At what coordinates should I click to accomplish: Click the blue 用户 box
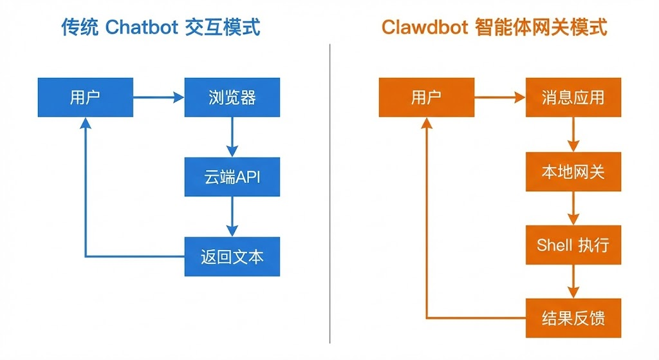coord(85,97)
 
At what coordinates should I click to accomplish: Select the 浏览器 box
coord(232,97)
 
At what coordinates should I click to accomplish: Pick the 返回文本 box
coord(232,256)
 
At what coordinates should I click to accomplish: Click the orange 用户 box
coord(426,97)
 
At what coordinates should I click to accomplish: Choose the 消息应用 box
coord(573,97)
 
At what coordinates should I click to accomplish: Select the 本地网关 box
coord(573,172)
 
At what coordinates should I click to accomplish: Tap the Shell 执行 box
coord(573,245)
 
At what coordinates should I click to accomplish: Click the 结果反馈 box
coord(573,318)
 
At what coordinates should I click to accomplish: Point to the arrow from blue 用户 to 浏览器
coord(158,97)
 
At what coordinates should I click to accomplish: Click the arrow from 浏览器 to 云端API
coord(232,137)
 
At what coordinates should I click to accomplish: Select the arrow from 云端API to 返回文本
coord(232,216)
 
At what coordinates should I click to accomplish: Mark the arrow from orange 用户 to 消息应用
coord(499,97)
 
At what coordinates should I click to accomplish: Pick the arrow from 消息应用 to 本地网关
coord(573,135)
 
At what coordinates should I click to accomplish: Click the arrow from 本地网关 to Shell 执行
coord(573,208)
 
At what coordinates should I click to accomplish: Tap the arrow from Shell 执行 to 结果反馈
coord(573,281)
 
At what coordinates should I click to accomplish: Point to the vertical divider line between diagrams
coord(329,193)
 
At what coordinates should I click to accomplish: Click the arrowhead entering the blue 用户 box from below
coord(85,124)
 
